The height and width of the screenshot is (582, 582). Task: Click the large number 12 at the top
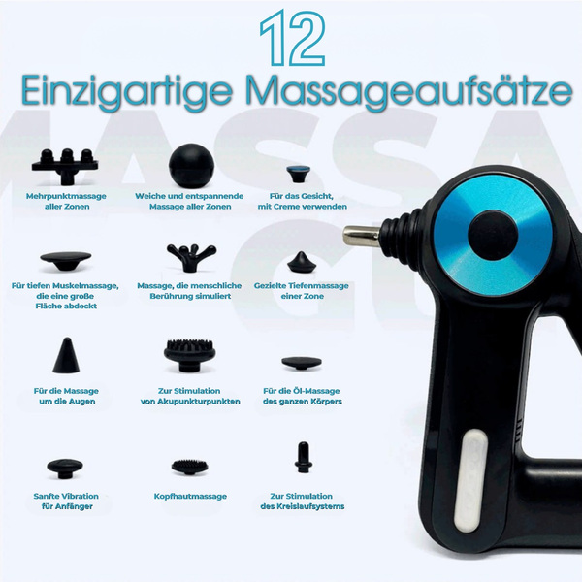293,38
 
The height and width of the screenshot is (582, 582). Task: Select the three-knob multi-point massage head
65,166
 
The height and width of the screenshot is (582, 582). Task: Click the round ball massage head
191,166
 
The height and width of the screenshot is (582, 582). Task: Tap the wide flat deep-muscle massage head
66,261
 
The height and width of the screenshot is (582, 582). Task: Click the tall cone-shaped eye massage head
66,355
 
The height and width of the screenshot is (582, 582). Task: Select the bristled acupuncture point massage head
191,355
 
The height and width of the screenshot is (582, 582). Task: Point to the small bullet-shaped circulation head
304,457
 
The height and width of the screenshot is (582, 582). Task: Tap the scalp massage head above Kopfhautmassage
190,467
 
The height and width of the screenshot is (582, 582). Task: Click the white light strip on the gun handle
470,481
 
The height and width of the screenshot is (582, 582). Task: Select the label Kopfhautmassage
190,497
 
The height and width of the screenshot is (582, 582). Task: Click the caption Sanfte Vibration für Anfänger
66,501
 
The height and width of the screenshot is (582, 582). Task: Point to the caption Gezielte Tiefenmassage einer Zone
302,291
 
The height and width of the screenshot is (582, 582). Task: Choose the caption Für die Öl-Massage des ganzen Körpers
302,396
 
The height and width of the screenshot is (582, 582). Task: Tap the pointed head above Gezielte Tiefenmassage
302,263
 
